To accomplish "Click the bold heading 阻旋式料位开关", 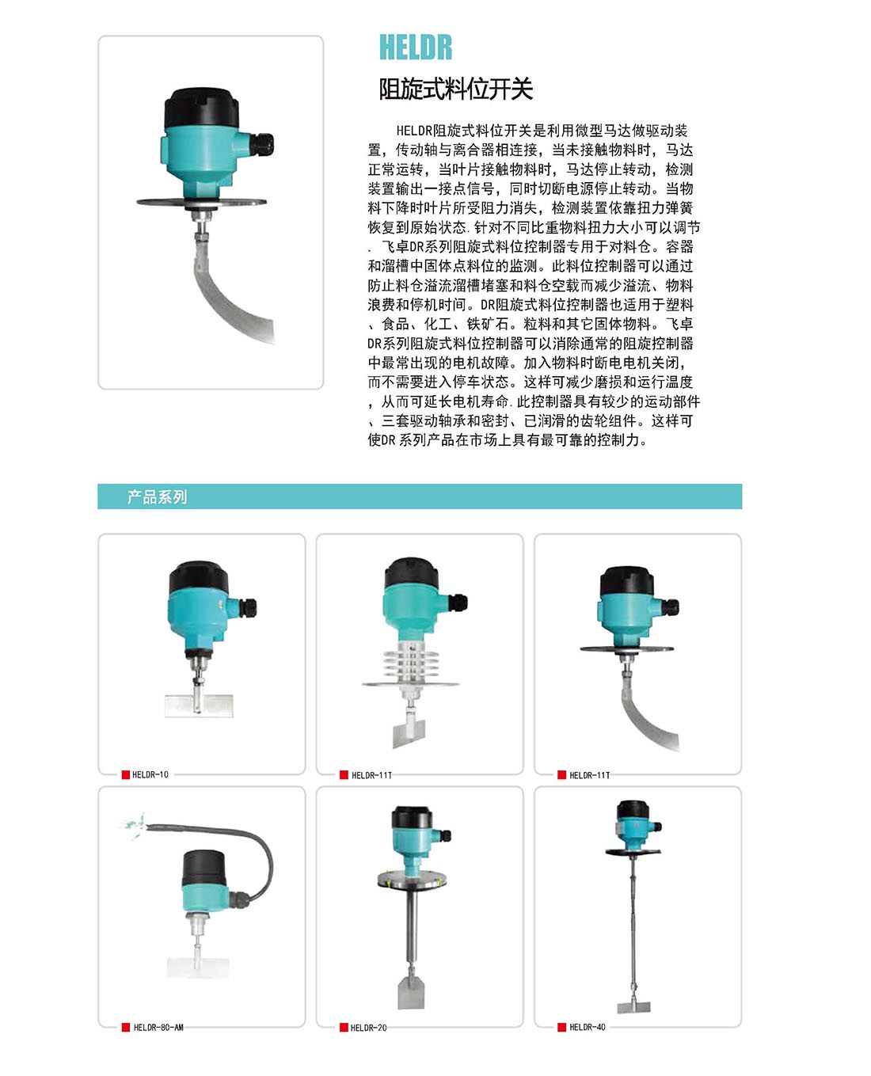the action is [x=456, y=89].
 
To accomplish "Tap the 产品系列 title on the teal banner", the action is [x=157, y=496].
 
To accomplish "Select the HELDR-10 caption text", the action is [x=150, y=774].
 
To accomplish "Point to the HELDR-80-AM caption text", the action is [x=158, y=1027].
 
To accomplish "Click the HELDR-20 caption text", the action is [x=368, y=1028].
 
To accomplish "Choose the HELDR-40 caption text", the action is [x=587, y=1027].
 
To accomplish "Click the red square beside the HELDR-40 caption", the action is [x=561, y=1027].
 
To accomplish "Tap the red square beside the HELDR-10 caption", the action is [x=126, y=774].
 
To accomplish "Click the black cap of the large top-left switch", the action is [x=201, y=108].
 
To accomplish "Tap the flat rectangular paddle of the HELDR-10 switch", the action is [x=199, y=705].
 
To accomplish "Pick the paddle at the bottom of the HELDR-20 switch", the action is [x=411, y=993].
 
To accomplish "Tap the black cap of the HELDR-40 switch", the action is [x=633, y=811].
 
